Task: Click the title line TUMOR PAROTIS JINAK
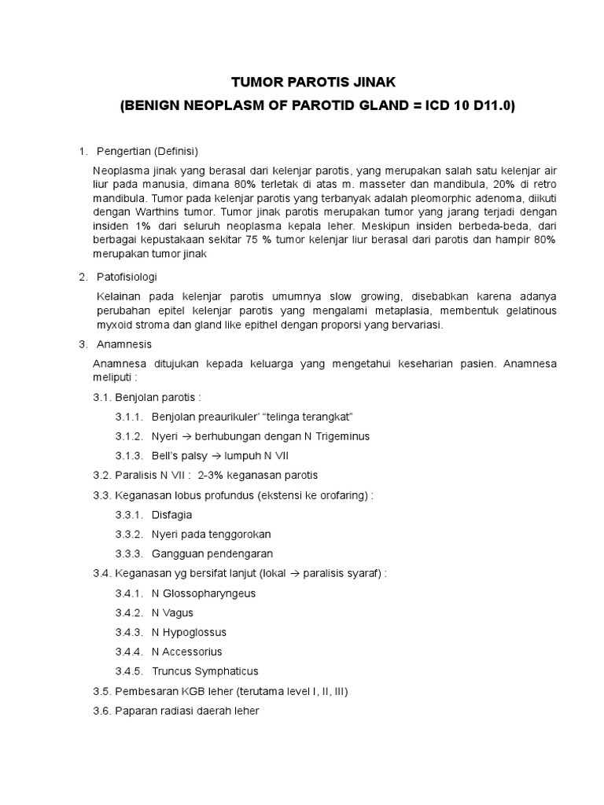301,81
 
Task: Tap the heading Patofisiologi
127,277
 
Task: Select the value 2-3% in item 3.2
212,475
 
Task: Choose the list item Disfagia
171,515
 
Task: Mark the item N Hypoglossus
189,632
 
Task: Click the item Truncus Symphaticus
204,671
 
